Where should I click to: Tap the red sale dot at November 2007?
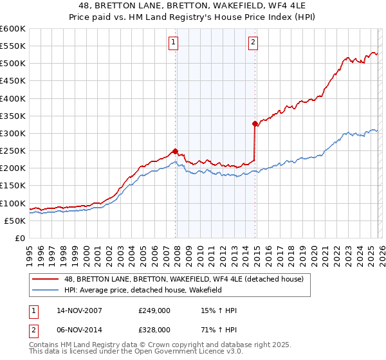click(176, 151)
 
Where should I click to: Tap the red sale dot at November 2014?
click(255, 123)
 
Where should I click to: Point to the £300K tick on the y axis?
click(14, 133)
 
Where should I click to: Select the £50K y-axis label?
click(15, 221)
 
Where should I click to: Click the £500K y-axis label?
click(14, 64)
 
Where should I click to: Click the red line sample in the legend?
click(46, 278)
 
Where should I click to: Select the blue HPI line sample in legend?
click(46, 290)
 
